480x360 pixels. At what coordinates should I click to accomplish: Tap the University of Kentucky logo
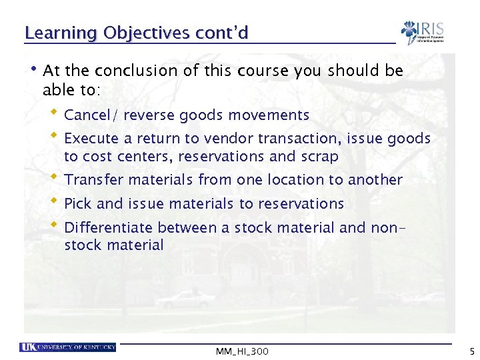[67, 347]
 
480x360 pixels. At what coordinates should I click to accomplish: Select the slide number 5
[471, 351]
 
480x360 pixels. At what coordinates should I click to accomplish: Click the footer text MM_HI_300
[243, 351]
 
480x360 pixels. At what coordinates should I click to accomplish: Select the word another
[375, 180]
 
